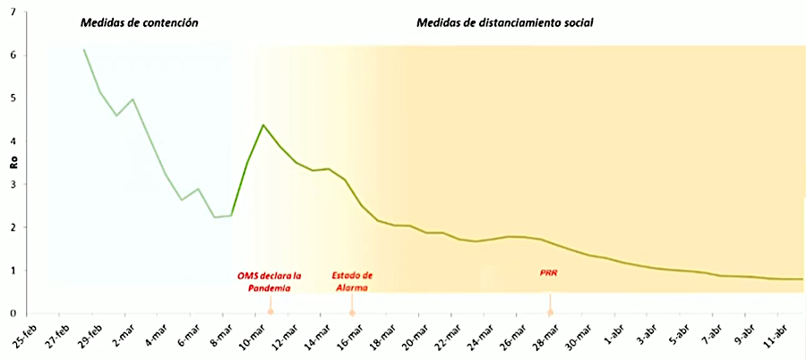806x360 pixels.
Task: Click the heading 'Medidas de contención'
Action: click(x=139, y=22)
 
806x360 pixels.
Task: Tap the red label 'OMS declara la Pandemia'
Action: click(x=270, y=281)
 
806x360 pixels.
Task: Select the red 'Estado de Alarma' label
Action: click(x=352, y=281)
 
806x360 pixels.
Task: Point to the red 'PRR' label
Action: click(x=551, y=272)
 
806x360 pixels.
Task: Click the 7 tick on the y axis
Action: click(x=13, y=11)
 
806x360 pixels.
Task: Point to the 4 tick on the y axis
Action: click(x=13, y=141)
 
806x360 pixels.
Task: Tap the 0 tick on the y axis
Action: click(x=13, y=313)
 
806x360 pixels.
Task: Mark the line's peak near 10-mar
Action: click(x=263, y=124)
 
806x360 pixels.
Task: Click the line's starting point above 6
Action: click(x=84, y=49)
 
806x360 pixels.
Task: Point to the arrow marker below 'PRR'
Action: click(x=551, y=313)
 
